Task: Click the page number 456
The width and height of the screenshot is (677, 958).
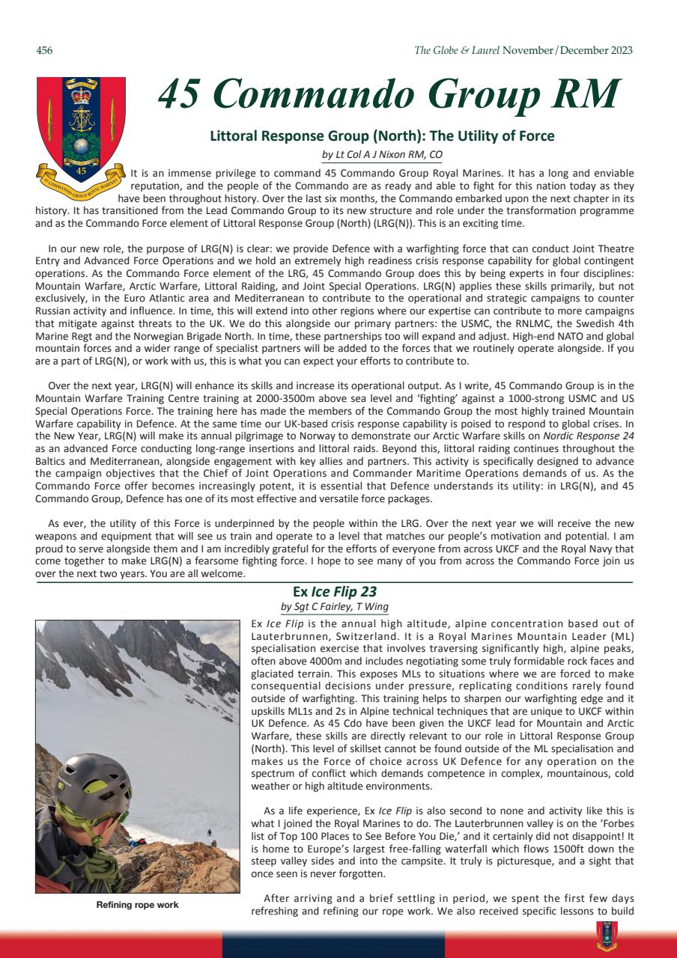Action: click(x=44, y=51)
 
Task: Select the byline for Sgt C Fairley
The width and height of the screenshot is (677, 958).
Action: click(x=334, y=606)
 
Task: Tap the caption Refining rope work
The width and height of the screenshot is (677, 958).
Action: click(x=139, y=906)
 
